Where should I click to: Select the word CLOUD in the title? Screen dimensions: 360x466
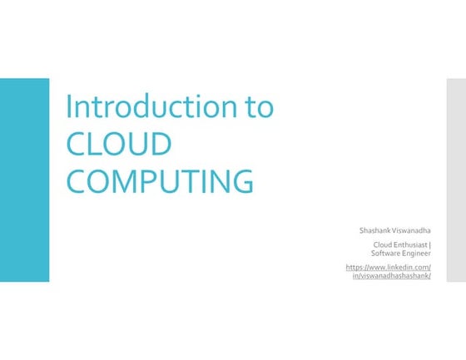[x=118, y=144]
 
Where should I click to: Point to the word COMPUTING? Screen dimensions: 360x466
[x=158, y=180]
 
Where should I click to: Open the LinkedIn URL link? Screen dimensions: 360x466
[x=388, y=267]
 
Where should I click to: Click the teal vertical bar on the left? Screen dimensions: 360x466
[x=24, y=180]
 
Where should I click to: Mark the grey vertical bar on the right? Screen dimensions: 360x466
[x=456, y=180]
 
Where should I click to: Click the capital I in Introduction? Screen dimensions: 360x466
[x=69, y=107]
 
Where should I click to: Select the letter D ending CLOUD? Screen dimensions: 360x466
[x=160, y=144]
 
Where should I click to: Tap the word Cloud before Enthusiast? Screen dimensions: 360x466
[x=381, y=244]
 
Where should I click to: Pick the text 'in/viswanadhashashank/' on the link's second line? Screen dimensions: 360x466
[x=391, y=275]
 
